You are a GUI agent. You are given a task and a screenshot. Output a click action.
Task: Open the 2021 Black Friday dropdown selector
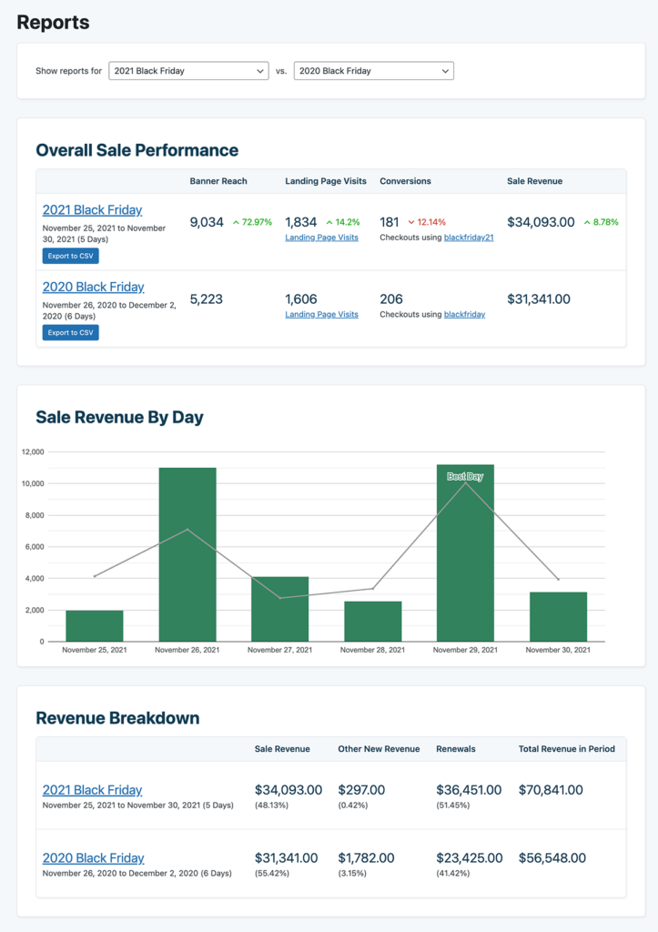click(x=188, y=71)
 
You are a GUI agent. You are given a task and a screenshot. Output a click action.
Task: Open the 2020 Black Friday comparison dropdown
click(x=373, y=71)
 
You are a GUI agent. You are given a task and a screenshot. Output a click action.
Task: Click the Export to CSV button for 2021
click(x=70, y=257)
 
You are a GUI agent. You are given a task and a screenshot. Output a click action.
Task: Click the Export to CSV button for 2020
click(x=70, y=333)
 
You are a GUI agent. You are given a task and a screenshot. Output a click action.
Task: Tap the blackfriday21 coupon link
click(x=469, y=238)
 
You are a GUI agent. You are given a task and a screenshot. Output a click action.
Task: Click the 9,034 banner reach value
click(x=207, y=222)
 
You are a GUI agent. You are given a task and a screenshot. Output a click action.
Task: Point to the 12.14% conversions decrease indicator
click(x=427, y=222)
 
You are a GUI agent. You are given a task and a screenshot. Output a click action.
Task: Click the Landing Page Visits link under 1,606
click(x=321, y=315)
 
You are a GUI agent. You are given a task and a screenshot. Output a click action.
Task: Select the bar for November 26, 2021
click(x=187, y=555)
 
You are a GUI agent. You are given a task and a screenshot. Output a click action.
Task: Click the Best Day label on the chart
click(x=465, y=477)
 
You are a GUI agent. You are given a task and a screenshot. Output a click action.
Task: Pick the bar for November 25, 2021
click(x=95, y=626)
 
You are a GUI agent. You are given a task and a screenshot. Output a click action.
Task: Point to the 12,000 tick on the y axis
click(x=32, y=452)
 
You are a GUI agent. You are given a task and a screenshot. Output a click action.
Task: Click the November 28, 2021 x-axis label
click(x=372, y=651)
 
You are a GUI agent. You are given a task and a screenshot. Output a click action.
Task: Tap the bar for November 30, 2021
click(x=558, y=617)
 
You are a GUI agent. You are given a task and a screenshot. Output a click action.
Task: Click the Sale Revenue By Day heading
click(x=119, y=418)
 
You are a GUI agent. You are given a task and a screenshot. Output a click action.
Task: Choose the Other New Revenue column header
click(x=379, y=749)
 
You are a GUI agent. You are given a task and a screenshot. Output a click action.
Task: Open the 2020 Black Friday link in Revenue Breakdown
click(x=93, y=858)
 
